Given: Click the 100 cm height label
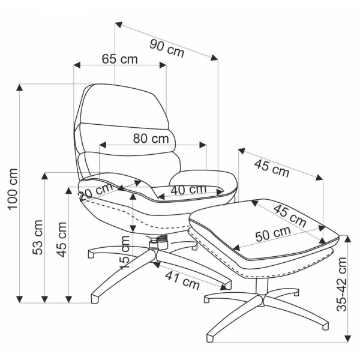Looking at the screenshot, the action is click(13, 189).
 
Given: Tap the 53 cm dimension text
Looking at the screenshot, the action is click(38, 237).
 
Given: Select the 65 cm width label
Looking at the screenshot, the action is click(119, 59).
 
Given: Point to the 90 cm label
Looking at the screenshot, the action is click(167, 48).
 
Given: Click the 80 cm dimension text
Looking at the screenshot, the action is click(151, 139).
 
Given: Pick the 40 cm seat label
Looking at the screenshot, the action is click(188, 189).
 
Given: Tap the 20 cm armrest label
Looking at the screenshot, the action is click(95, 193).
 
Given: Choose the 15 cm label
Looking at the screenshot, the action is click(125, 252).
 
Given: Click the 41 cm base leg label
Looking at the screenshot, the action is click(182, 281).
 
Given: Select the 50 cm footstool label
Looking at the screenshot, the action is click(273, 234).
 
